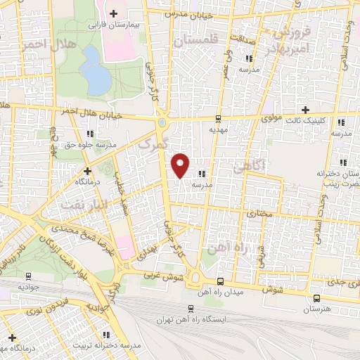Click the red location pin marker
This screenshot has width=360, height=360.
[x=181, y=165]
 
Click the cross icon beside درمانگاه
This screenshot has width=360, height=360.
[x=87, y=171]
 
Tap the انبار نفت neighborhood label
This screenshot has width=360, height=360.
[x=77, y=205]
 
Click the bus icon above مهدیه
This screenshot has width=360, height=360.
[x=219, y=119]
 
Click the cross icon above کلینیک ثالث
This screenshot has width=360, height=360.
[x=305, y=110]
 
